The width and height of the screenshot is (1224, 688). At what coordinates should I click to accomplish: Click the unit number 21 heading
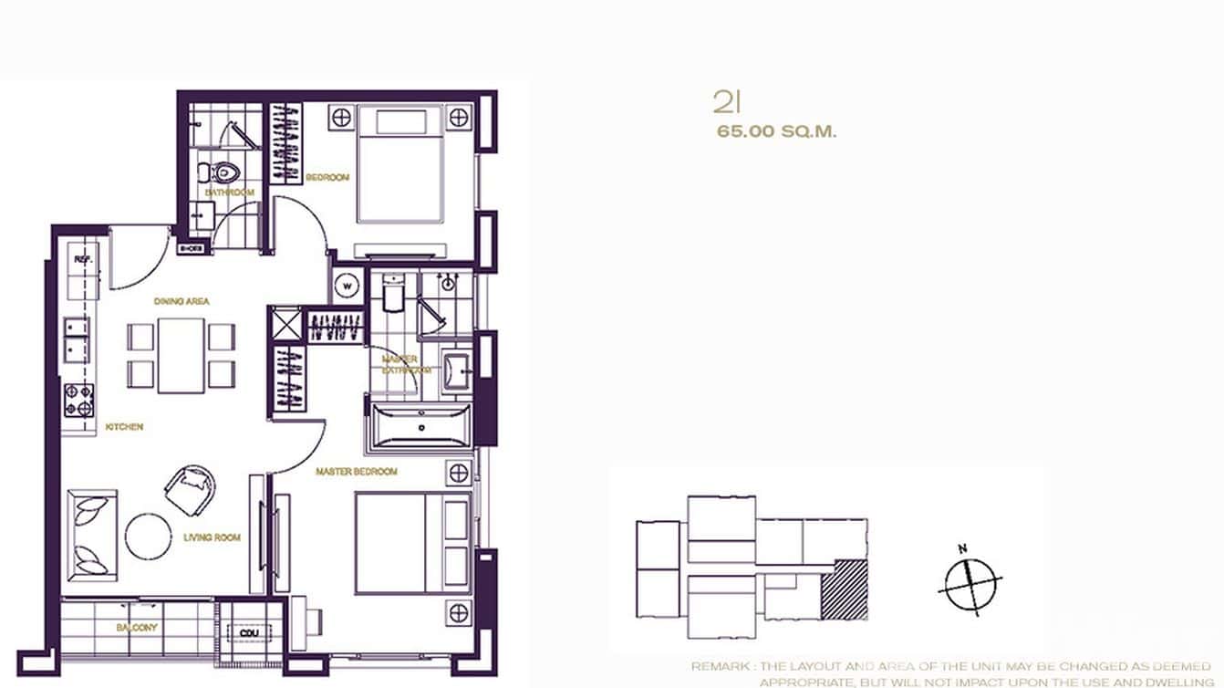[x=726, y=101]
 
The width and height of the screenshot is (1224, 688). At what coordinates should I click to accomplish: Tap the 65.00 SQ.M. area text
[x=776, y=131]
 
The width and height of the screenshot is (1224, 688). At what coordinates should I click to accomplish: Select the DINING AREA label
[x=182, y=300]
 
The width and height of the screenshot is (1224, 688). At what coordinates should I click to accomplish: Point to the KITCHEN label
[x=124, y=426]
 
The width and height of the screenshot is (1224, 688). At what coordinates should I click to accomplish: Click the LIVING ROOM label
[x=212, y=537]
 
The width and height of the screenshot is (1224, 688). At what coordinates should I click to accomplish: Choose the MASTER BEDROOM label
[x=356, y=472]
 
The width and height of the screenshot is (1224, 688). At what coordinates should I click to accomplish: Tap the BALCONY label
[x=137, y=628]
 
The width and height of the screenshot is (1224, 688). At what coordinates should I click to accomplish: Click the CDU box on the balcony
[x=247, y=633]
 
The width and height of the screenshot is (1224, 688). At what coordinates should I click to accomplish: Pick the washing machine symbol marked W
[x=347, y=286]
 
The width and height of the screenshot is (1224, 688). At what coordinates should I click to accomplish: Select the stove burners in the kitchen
[x=78, y=399]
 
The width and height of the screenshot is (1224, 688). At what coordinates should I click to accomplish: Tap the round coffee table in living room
[x=148, y=536]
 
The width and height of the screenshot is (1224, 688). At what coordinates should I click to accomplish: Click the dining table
[x=181, y=355]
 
